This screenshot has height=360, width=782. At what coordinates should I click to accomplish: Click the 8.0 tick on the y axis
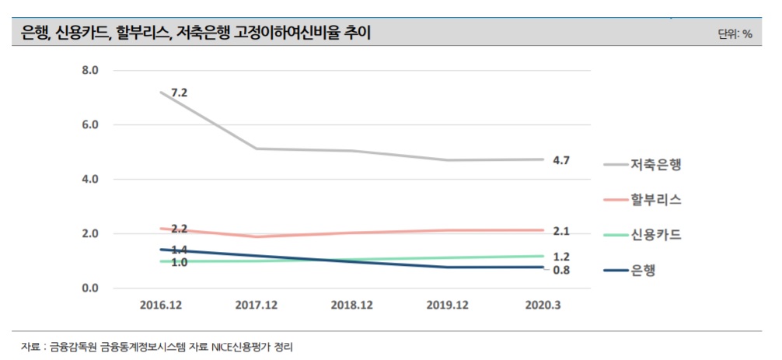[89, 71]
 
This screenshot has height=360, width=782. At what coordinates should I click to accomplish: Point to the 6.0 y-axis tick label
[89, 125]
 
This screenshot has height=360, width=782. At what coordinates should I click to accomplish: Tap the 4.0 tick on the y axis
[89, 180]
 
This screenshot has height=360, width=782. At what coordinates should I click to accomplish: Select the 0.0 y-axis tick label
[89, 288]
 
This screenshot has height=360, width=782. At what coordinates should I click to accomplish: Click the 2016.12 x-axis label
[159, 306]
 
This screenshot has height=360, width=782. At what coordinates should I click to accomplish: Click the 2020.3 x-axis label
[542, 306]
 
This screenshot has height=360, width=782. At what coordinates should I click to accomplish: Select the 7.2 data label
[180, 93]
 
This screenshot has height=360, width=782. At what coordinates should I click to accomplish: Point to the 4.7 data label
[561, 160]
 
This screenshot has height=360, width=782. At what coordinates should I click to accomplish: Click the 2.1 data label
[561, 231]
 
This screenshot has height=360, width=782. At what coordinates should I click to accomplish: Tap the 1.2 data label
[561, 257]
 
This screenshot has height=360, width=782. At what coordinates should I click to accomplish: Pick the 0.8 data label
[561, 270]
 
